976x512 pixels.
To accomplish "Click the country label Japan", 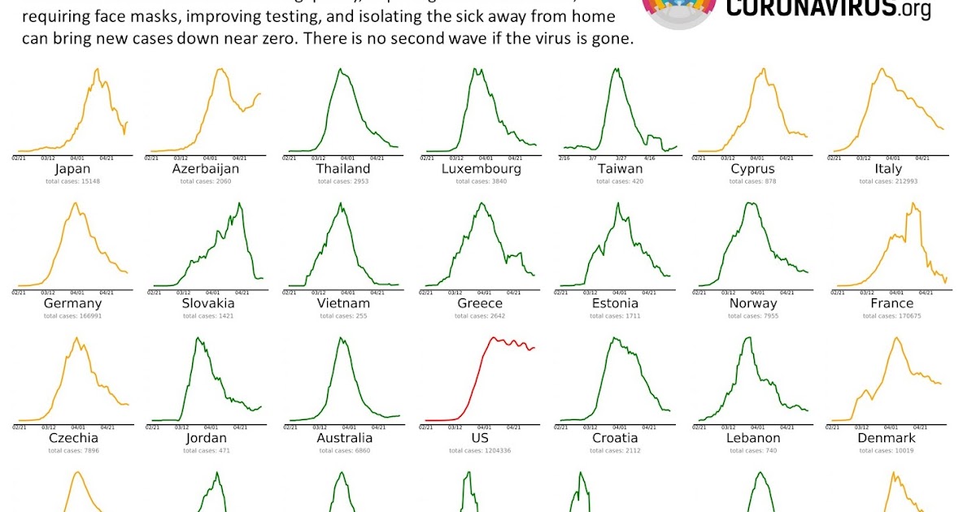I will tap(72, 169).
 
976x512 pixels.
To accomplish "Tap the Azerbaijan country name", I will tap(206, 169).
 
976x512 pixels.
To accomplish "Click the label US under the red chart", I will tap(481, 438).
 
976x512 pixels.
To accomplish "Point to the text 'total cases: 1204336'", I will tap(481, 450).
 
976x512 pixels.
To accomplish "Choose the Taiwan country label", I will tap(619, 169).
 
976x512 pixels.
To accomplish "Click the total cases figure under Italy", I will tap(888, 181).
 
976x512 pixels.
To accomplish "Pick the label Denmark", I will tap(887, 438).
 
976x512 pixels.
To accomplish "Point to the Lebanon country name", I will tap(753, 438).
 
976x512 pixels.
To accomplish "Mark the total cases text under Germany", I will tap(72, 315).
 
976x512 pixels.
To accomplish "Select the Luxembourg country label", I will tap(481, 169).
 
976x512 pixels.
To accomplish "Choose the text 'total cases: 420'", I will tap(619, 181).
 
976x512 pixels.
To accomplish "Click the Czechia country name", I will tap(72, 438).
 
